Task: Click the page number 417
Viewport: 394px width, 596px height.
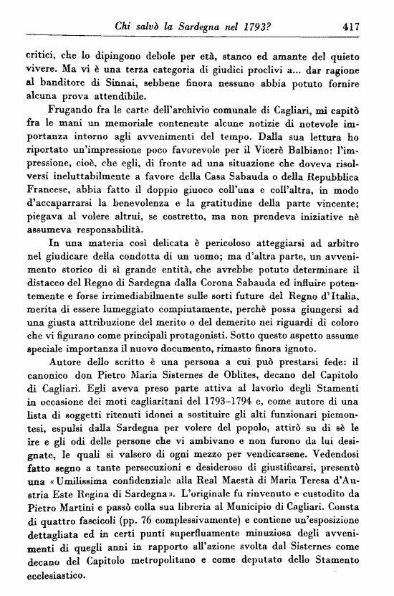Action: [x=350, y=27]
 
